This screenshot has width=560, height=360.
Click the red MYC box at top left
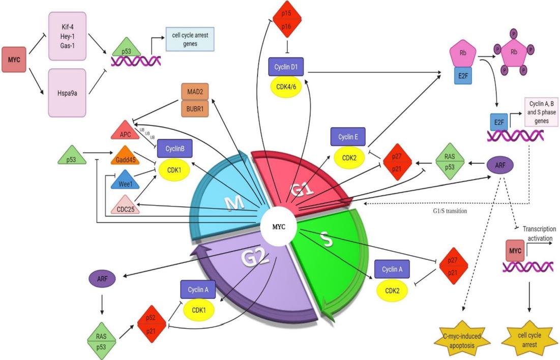tap(14, 59)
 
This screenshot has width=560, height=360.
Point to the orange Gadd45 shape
tap(125, 155)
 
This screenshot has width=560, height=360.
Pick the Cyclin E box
tap(348, 137)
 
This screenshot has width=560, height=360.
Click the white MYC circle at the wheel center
tap(278, 226)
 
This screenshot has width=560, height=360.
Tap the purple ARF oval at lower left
tap(102, 278)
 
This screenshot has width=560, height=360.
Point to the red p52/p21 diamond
tap(152, 324)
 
